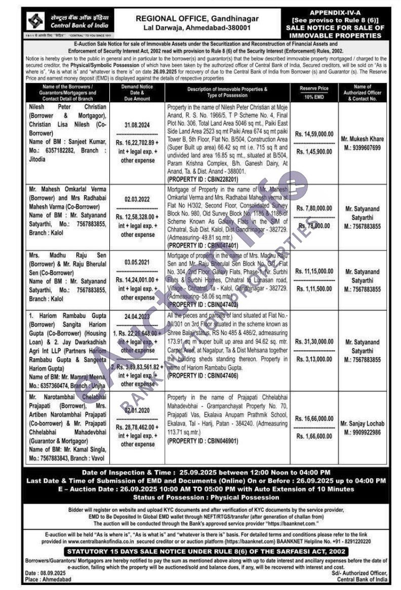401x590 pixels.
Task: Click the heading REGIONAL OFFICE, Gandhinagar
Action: tap(197, 18)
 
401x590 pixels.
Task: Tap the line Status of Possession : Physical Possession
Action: tap(200, 497)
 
